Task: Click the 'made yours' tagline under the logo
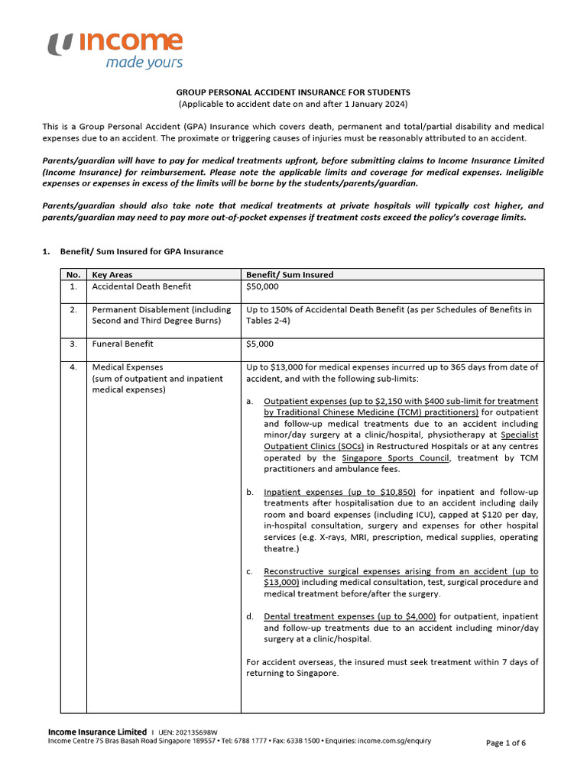(144, 63)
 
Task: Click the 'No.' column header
(73, 275)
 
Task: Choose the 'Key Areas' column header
(112, 275)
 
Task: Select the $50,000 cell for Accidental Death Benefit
(262, 286)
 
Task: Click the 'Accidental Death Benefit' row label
(141, 286)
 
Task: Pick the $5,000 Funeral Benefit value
(260, 344)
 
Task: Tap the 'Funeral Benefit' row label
(122, 344)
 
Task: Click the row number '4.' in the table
(73, 367)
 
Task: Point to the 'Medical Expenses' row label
(127, 367)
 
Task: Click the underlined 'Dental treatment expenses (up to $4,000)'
(349, 616)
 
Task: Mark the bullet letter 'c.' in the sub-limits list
(250, 571)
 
